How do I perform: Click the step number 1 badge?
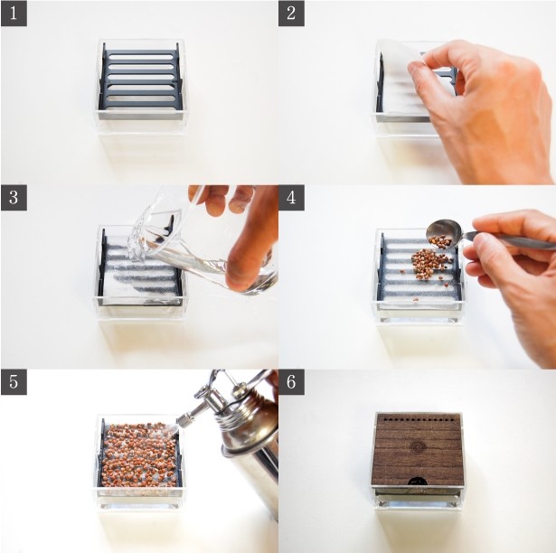pyautogui.click(x=14, y=14)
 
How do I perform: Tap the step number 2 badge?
pyautogui.click(x=291, y=14)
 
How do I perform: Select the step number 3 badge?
pyautogui.click(x=14, y=198)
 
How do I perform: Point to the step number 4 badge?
pyautogui.click(x=291, y=198)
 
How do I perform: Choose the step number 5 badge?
pyautogui.click(x=14, y=382)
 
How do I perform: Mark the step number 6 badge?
pyautogui.click(x=291, y=382)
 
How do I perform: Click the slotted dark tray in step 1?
pyautogui.click(x=141, y=80)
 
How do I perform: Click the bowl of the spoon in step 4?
pyautogui.click(x=443, y=233)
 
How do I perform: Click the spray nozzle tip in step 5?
pyautogui.click(x=182, y=420)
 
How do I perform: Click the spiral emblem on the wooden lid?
pyautogui.click(x=417, y=447)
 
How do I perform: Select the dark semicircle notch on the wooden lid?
pyautogui.click(x=417, y=482)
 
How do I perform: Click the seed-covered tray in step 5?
pyautogui.click(x=140, y=455)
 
